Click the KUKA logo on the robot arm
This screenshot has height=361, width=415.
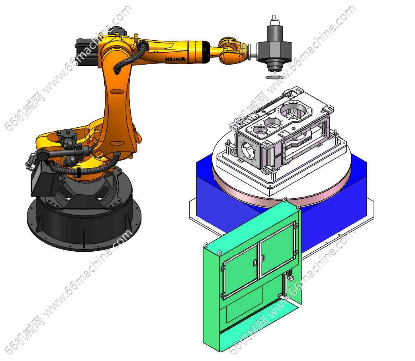pyautogui.click(x=175, y=59)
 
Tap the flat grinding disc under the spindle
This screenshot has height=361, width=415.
pyautogui.click(x=274, y=77)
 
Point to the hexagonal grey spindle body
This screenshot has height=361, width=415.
pyautogui.click(x=275, y=51)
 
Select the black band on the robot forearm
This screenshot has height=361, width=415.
pyautogui.click(x=206, y=52)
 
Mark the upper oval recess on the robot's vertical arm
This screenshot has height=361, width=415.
pyautogui.click(x=117, y=91)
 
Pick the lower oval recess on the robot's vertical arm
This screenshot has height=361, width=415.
pyautogui.click(x=117, y=143)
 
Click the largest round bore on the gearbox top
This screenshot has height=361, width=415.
pyautogui.click(x=294, y=110)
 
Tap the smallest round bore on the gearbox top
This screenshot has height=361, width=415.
pyautogui.click(x=260, y=130)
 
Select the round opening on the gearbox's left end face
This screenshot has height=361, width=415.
pyautogui.click(x=248, y=150)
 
